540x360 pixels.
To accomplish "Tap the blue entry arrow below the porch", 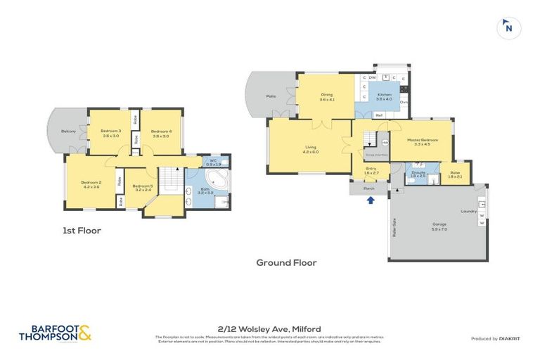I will [x=371, y=200].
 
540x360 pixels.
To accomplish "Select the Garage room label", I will [x=439, y=226].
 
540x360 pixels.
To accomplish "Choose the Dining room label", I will [x=326, y=97].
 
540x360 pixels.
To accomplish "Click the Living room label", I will [x=310, y=149].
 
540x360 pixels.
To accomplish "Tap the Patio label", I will [x=270, y=96].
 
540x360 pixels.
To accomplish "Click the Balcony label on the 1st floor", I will [x=68, y=131].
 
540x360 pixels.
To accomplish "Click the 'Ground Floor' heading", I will [x=286, y=262].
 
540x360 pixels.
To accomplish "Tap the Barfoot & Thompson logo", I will [x=55, y=333].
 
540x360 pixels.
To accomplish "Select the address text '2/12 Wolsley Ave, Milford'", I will [x=269, y=328].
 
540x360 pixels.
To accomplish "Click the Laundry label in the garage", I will [x=469, y=211].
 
